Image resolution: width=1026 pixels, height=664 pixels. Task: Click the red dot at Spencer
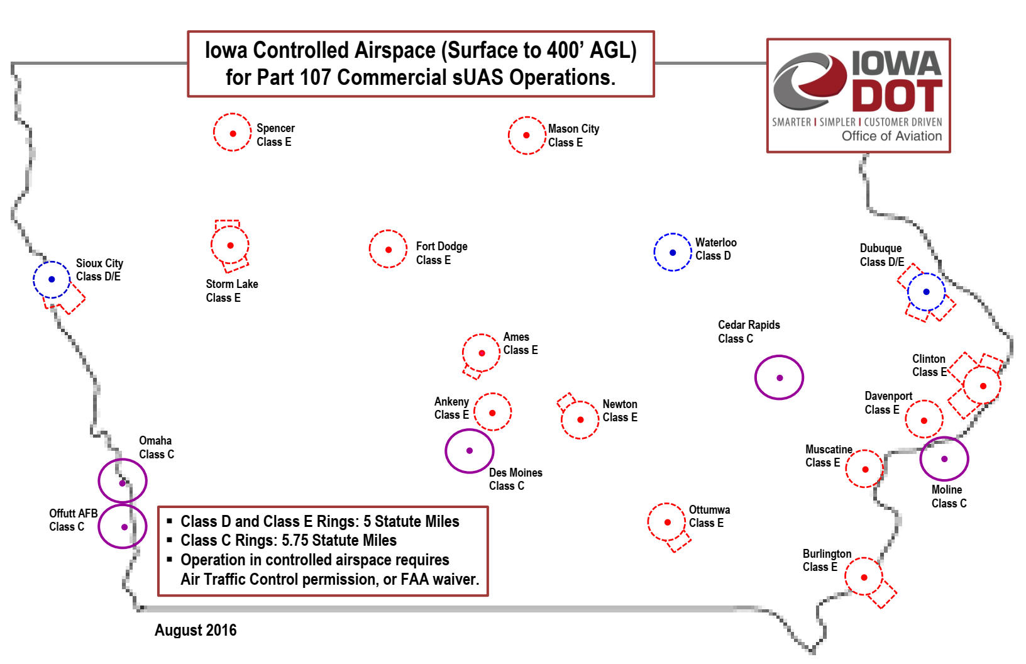tap(233, 133)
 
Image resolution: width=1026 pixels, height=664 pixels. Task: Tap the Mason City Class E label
tap(573, 136)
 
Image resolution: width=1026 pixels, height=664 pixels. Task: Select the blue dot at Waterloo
tap(673, 253)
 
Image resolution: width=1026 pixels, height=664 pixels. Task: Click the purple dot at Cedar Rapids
tap(780, 378)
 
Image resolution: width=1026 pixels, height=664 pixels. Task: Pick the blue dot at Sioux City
tap(52, 279)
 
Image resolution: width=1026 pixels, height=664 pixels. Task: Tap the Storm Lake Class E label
tap(231, 290)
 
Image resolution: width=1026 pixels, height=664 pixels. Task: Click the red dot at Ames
tap(482, 353)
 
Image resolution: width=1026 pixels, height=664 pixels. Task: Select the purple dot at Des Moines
tap(470, 450)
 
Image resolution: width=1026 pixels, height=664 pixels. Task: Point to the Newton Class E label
tap(620, 411)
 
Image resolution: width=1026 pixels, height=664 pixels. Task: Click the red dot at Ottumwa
tap(668, 522)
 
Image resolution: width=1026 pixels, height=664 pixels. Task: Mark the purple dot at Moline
tap(944, 459)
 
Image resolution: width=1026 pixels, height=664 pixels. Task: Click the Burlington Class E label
tap(827, 560)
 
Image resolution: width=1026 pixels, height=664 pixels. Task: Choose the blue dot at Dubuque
tap(926, 292)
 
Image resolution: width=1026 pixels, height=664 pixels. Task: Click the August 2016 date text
tap(196, 630)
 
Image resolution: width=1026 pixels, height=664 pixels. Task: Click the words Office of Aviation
tap(891, 136)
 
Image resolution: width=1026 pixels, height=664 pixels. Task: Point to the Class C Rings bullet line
tap(288, 540)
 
